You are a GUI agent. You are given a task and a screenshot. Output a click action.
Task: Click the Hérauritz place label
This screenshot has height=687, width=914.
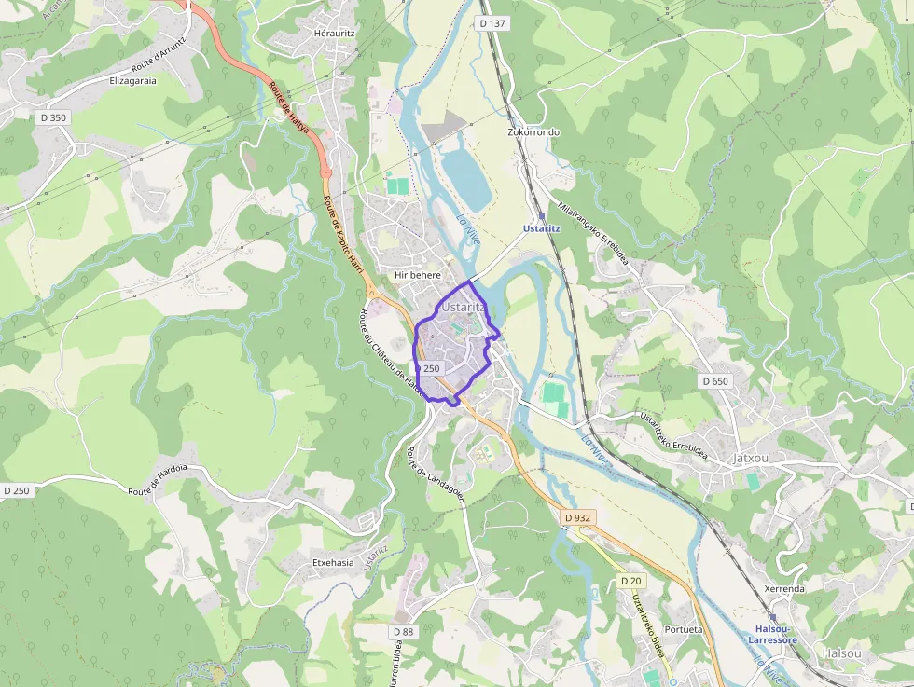pos(336,33)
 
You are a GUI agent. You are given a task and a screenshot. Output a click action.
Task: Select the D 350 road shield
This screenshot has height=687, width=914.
pos(53,117)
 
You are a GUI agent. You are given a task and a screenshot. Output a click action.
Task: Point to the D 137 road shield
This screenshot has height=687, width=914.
pos(492,22)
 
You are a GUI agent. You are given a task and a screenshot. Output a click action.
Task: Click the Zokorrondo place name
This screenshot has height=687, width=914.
pos(533,132)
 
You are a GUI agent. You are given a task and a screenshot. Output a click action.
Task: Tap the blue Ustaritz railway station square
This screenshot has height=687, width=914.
pos(541,215)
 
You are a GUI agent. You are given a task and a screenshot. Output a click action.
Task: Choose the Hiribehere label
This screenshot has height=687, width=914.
pos(417,275)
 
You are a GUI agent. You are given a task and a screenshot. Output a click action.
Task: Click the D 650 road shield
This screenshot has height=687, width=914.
pos(714,381)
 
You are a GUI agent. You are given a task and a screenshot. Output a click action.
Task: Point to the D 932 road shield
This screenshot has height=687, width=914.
pos(577,517)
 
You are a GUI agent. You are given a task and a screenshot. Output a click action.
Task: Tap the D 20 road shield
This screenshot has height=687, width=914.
pos(630,581)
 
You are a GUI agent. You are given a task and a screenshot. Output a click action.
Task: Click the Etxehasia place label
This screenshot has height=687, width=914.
pos(333,562)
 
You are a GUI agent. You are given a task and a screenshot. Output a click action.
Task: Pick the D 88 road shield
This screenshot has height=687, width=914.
pos(403,631)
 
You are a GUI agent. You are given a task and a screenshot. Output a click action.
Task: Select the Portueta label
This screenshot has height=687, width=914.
pos(685,629)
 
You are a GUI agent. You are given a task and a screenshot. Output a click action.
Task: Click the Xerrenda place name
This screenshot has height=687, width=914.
pos(783,589)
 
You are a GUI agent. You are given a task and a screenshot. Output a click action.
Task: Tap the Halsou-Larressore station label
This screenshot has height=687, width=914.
pos(773,635)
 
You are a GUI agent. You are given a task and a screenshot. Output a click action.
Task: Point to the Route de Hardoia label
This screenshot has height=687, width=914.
pos(158,479)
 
